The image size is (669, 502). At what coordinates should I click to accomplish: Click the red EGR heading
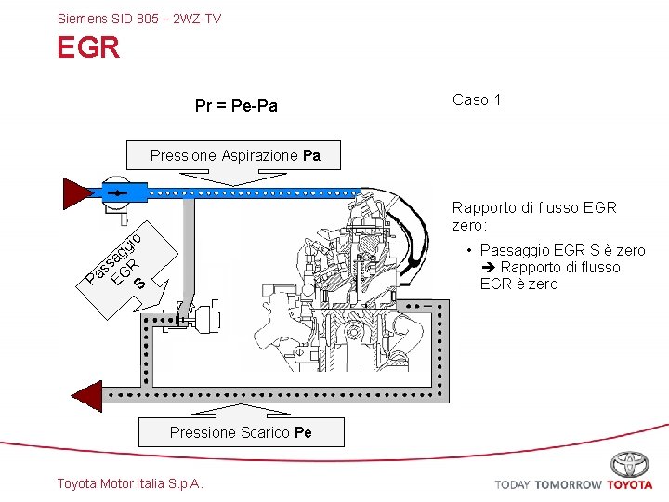point(88,47)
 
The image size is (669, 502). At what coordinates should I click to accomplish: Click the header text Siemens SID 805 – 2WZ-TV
point(139,18)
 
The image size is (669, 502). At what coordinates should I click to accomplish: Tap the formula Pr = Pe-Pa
point(236,107)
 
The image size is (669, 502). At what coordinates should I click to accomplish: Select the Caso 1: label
point(479,99)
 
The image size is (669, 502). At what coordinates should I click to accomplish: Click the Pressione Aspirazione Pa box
point(235,155)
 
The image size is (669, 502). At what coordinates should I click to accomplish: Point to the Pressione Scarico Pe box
point(241,432)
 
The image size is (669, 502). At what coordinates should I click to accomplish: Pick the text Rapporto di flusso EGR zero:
point(533,217)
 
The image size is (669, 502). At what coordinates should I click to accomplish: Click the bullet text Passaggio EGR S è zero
point(562,251)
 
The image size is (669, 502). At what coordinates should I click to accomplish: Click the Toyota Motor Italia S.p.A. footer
point(130,483)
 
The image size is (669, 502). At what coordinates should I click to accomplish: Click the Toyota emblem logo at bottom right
point(629,463)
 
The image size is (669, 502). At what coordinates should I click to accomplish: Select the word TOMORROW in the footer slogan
point(570,485)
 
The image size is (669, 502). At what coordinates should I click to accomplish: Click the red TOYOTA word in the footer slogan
point(630,485)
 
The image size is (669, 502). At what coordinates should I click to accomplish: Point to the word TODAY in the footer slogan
point(514,485)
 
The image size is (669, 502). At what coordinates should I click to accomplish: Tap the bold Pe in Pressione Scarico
point(303,432)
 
